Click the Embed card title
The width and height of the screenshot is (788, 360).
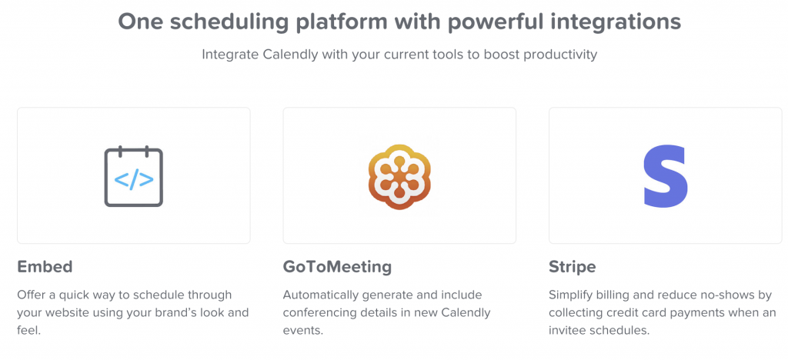pos(45,267)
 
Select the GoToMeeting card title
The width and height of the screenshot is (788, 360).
pos(337,267)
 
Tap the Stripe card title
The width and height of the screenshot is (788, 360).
pos(573,267)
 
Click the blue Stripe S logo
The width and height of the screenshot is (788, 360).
pos(666,175)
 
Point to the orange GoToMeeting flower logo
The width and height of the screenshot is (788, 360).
pos(399,176)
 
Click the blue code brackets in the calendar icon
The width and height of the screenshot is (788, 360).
pos(134,180)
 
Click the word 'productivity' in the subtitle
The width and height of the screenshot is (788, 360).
pos(559,55)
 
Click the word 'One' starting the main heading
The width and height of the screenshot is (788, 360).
pos(134,22)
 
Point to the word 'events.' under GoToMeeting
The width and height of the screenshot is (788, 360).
pos(303,331)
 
